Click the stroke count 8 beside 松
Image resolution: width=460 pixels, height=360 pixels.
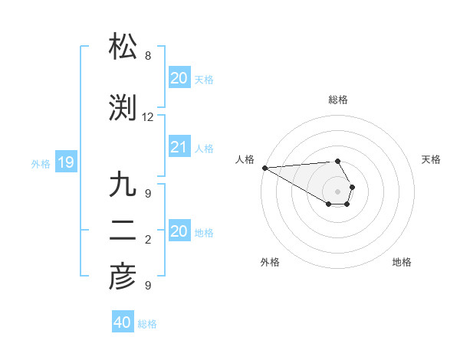(x=148, y=56)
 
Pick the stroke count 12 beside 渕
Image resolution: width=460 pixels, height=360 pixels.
(x=148, y=117)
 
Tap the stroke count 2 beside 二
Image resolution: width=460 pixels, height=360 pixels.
(x=148, y=240)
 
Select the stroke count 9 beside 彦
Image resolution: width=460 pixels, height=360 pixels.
(x=148, y=286)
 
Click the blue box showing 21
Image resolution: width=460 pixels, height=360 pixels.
(x=179, y=147)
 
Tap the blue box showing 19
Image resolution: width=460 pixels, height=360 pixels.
(x=65, y=162)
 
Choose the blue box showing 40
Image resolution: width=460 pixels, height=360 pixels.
(x=122, y=322)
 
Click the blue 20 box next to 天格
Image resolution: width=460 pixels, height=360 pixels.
(x=179, y=78)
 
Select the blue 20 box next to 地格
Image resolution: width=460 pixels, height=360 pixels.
(x=179, y=231)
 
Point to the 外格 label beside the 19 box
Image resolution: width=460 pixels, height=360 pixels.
(x=41, y=163)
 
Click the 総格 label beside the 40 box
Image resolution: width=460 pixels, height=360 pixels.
(x=147, y=324)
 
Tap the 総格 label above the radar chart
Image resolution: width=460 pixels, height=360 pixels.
(x=337, y=100)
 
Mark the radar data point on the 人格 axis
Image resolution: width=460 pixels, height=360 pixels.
(x=264, y=168)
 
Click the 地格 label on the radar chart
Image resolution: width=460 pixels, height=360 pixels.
(x=402, y=262)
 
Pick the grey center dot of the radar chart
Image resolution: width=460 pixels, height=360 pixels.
(x=337, y=191)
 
